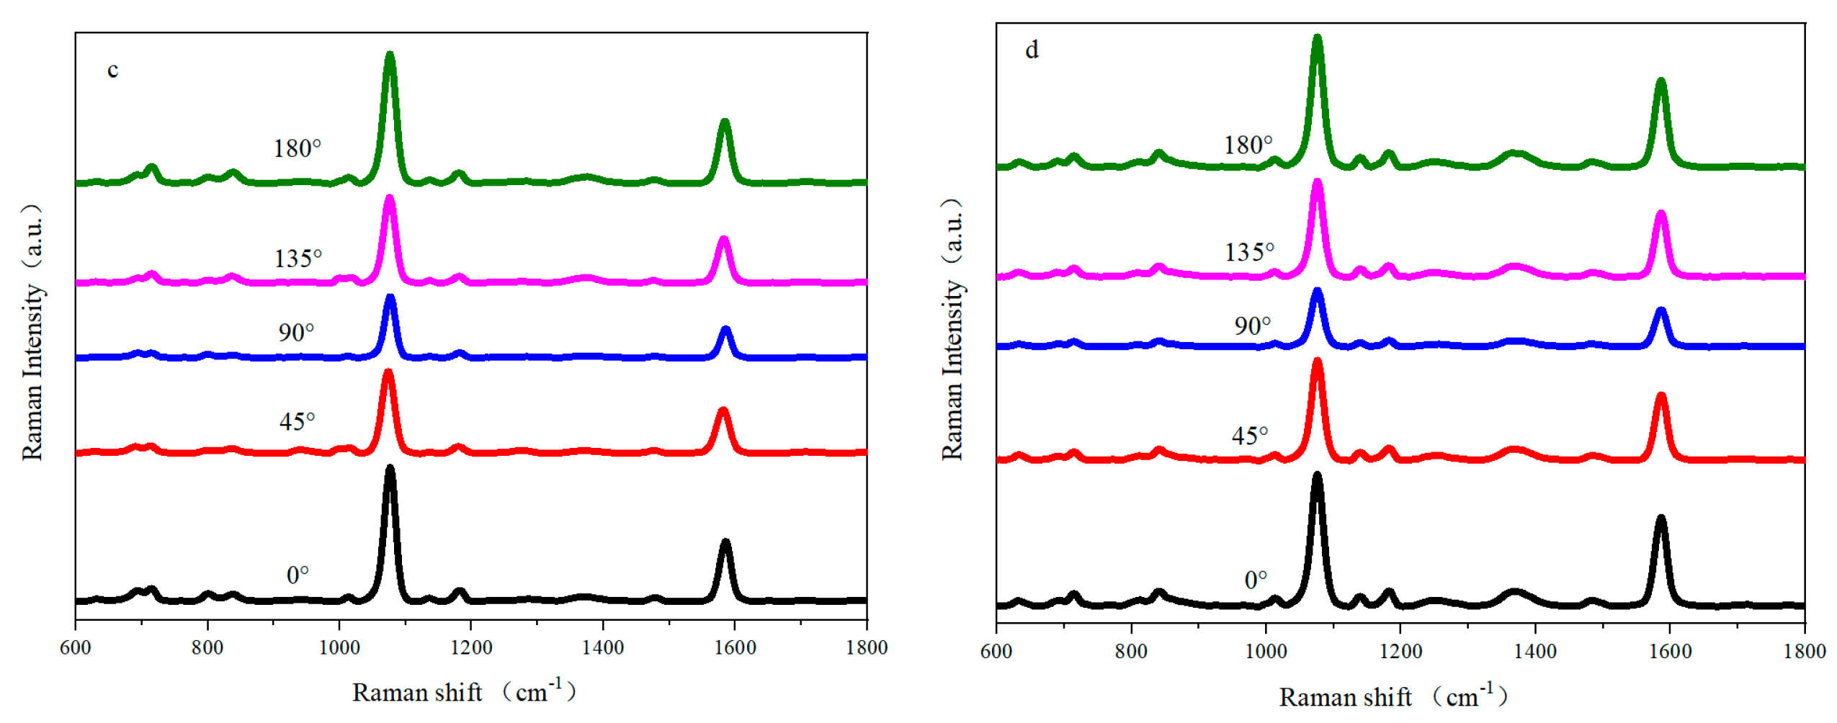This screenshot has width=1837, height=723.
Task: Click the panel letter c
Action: (112, 70)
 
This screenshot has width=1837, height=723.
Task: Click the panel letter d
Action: (1031, 50)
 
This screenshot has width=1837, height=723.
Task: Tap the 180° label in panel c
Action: (296, 148)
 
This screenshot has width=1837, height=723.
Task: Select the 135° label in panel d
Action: (1248, 252)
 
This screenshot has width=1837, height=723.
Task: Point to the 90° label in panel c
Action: (296, 332)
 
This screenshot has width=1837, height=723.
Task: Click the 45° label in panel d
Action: (1248, 435)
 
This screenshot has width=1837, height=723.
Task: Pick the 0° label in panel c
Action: (297, 575)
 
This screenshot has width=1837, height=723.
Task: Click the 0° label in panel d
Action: (1255, 580)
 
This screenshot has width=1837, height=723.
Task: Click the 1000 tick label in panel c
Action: (339, 647)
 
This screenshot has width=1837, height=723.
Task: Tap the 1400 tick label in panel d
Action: (1534, 651)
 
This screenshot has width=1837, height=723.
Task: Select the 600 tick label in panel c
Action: (75, 647)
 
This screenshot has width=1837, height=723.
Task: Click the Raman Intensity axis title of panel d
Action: (952, 329)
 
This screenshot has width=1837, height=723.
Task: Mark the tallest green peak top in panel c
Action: (390, 55)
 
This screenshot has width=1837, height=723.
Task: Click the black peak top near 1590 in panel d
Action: (1661, 518)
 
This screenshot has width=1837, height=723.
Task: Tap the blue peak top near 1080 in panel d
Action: (1317, 292)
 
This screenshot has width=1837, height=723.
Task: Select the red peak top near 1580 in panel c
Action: (723, 411)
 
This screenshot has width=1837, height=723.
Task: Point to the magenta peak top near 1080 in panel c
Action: (390, 199)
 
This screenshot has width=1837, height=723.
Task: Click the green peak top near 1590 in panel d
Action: (1661, 81)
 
